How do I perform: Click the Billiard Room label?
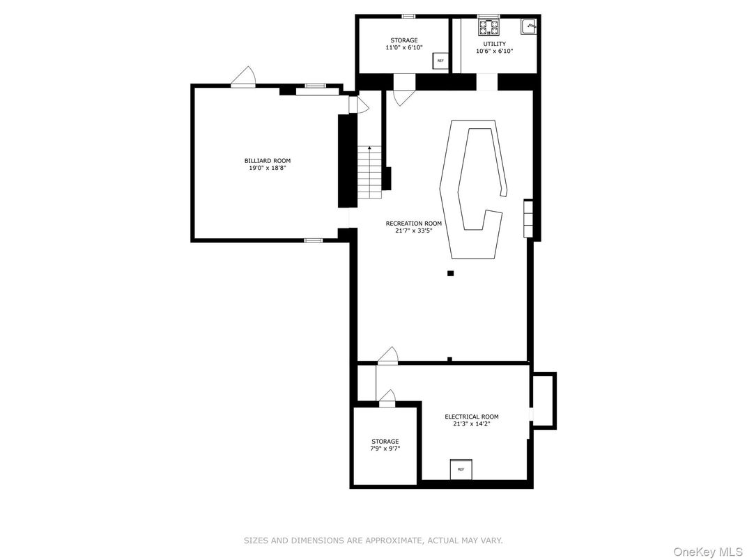[x=263, y=161]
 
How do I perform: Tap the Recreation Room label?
[x=413, y=224]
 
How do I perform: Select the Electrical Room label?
[x=472, y=417]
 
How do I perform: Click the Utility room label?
[x=495, y=44]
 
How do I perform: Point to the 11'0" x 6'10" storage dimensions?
[x=404, y=48]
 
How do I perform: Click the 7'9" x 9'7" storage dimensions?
[x=385, y=449]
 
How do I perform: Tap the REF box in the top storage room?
[x=440, y=61]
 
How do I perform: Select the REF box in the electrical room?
[x=461, y=469]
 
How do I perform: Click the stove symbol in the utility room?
[x=488, y=27]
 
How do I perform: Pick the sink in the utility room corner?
[x=530, y=26]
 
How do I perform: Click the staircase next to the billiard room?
[x=370, y=171]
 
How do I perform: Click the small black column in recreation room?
[x=450, y=273]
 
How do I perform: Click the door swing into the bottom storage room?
[x=387, y=398]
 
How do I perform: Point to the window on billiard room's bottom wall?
[x=313, y=240]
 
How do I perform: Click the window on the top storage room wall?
[x=408, y=16]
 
